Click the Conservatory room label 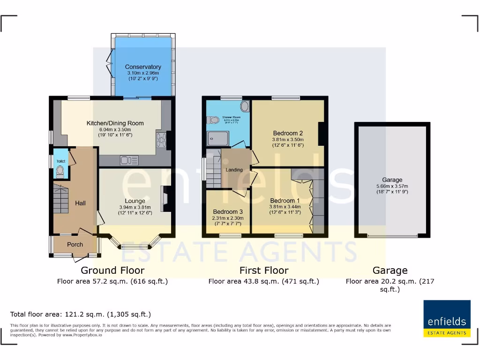click(x=143, y=67)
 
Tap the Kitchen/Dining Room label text click(x=115, y=123)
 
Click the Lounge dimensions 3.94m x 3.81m click(x=135, y=207)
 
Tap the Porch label click(x=75, y=244)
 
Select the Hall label click(x=80, y=203)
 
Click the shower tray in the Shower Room click(x=217, y=138)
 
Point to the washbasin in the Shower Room click(x=245, y=105)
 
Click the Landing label click(x=234, y=170)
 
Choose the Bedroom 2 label click(x=288, y=133)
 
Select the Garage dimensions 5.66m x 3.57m click(x=392, y=186)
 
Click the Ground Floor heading click(x=112, y=270)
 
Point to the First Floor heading click(x=264, y=270)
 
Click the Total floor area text click(x=81, y=314)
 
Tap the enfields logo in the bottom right click(x=447, y=319)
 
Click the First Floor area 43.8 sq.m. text click(x=264, y=281)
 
